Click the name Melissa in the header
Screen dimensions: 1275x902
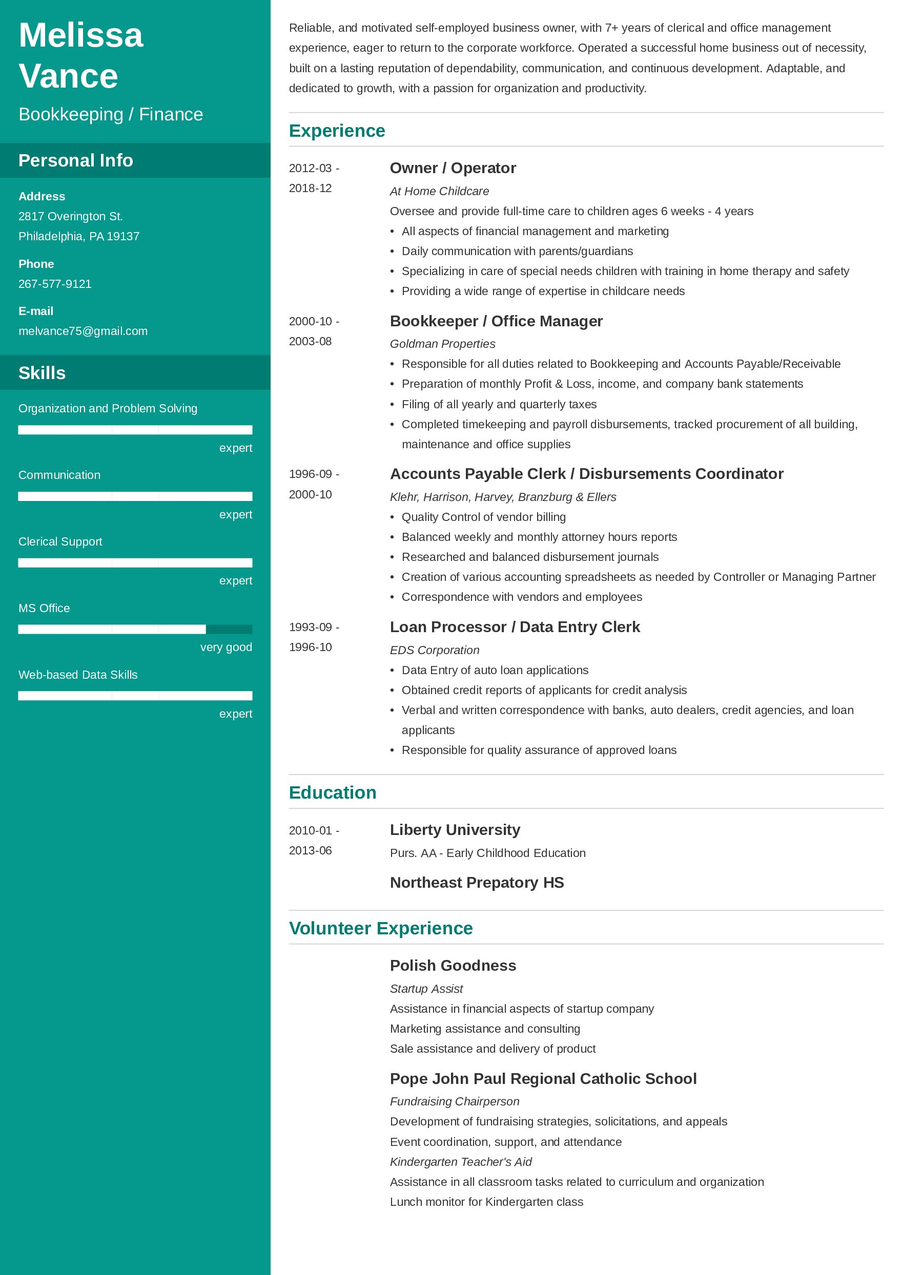tap(81, 35)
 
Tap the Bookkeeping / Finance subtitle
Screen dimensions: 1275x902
tap(111, 114)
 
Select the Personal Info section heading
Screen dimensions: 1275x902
tap(75, 160)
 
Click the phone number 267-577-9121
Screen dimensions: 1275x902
tap(55, 284)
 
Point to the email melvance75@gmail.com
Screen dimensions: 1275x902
tap(83, 331)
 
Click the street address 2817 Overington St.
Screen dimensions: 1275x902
tap(71, 216)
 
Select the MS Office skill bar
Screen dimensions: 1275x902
tap(135, 629)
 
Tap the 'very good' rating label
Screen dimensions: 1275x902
tap(226, 647)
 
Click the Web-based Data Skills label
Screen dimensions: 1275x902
tap(78, 675)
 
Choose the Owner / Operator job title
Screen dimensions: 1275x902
tap(453, 168)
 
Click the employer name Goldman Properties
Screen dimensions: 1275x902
tap(442, 344)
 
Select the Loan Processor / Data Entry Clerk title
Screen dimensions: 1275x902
tap(515, 627)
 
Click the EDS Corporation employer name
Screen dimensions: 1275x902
tap(434, 650)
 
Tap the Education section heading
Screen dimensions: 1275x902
tap(332, 792)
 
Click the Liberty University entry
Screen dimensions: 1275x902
tap(455, 830)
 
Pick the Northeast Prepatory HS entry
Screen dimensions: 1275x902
tap(477, 883)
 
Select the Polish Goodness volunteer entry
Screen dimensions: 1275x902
tap(453, 965)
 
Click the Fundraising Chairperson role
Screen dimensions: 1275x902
tap(455, 1101)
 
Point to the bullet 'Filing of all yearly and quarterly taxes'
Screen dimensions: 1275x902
tap(499, 404)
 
